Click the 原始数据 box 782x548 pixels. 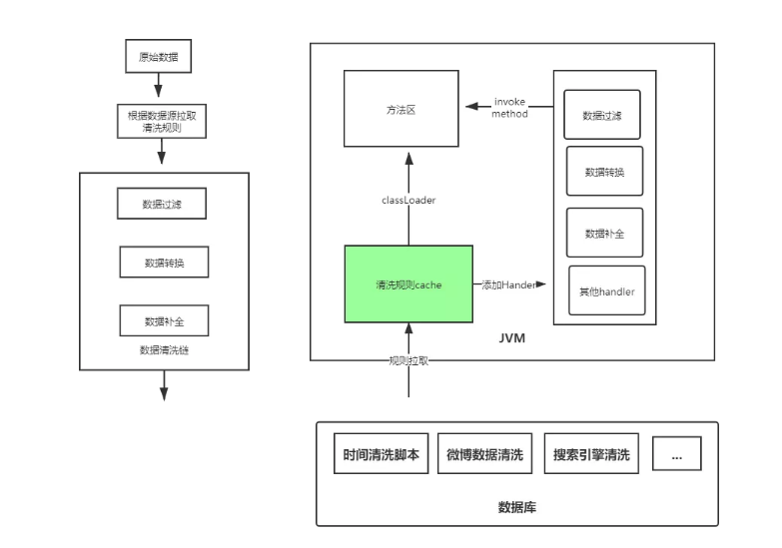157,57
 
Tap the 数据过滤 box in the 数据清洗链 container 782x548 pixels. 161,204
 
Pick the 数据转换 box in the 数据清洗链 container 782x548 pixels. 163,263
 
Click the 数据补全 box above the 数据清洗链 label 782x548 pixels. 163,320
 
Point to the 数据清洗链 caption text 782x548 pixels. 163,351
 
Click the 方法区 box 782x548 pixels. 401,110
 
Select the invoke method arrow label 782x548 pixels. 509,108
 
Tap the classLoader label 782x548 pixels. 407,200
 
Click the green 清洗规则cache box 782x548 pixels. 408,283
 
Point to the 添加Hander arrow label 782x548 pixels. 509,284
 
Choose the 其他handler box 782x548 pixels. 606,291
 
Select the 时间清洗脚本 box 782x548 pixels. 381,454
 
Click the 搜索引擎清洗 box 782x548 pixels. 591,454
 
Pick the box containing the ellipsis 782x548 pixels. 676,454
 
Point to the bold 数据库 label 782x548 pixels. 516,506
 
